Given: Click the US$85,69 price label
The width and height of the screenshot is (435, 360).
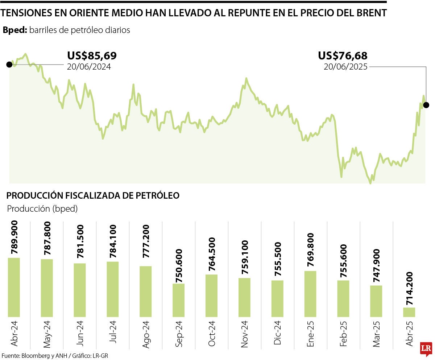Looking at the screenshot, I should point(92,56).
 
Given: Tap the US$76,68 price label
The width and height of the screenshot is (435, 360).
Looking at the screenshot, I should point(343,56).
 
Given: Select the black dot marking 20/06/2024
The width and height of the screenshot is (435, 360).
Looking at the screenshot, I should point(9,65).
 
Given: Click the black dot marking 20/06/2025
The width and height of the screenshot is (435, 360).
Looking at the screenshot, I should point(426,105).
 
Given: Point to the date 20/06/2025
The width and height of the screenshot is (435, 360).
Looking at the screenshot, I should point(345,67).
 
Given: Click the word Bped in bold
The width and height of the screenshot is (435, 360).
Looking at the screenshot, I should point(14,30).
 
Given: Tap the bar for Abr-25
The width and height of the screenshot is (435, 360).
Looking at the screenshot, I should point(409,312).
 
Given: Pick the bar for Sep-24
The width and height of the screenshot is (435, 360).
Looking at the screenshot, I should point(178,300).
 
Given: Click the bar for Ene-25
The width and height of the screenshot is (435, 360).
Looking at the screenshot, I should point(310,294).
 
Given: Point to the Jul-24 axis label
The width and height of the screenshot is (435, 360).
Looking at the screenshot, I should point(113,335).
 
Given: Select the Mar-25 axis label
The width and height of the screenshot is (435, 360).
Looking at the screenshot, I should point(376,336).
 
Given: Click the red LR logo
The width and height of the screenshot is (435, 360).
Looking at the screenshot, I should point(426,348).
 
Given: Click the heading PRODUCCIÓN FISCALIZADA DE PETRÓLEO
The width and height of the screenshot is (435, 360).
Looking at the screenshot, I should point(93,195).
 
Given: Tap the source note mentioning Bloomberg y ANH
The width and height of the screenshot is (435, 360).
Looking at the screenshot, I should point(54,356).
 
